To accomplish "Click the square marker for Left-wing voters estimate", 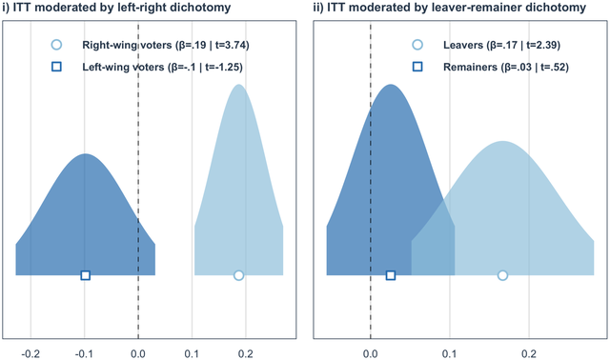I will tap(85, 275).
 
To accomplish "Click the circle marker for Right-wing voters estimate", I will tap(238, 275).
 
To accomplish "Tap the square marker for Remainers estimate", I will tap(390, 275).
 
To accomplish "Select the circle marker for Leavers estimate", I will tap(502, 275).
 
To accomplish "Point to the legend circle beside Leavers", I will tap(417, 45).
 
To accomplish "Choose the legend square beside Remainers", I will tap(417, 67).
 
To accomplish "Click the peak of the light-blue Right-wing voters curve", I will tap(239, 86).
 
